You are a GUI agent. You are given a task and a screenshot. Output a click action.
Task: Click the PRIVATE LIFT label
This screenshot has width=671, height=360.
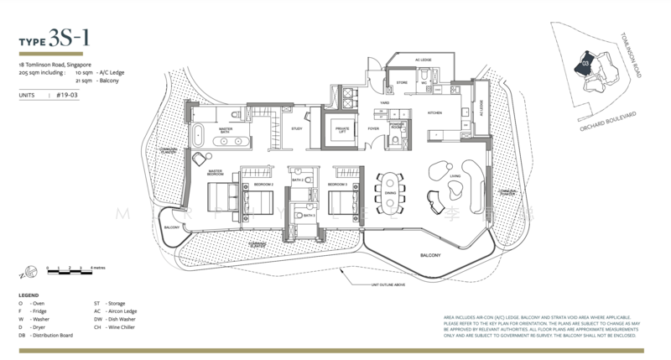(x=342, y=129)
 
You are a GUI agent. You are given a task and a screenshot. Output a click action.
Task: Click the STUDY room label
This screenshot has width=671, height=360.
(x=297, y=128)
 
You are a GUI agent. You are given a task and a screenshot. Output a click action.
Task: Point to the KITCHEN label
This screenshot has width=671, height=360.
(x=434, y=112)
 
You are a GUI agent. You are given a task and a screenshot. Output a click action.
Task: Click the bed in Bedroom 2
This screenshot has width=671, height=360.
(x=258, y=202)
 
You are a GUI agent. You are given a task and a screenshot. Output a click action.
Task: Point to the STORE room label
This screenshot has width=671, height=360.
(x=402, y=83)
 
